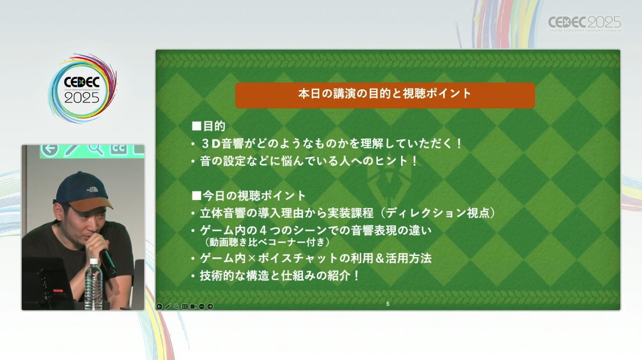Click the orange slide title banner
pyautogui.click(x=385, y=95)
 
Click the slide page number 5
pyautogui.click(x=388, y=304)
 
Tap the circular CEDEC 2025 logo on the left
pyautogui.click(x=82, y=88)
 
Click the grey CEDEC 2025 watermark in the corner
pyautogui.click(x=585, y=24)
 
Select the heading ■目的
pyautogui.click(x=208, y=126)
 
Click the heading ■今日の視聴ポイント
pyautogui.click(x=248, y=196)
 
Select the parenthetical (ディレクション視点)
pyautogui.click(x=437, y=213)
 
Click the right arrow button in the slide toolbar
pyautogui.click(x=210, y=307)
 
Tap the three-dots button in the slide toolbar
pyautogui.click(x=202, y=307)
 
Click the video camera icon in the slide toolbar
pyautogui.click(x=193, y=307)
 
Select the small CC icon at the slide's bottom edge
pyautogui.click(x=185, y=307)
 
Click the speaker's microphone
pyautogui.click(x=108, y=259)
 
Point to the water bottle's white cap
pyautogui.click(x=94, y=262)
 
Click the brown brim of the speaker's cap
pyautogui.click(x=91, y=203)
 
